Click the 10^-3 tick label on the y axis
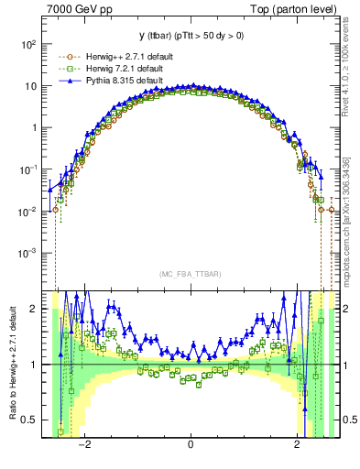[x=27, y=252]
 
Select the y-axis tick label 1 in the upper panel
[x=34, y=127]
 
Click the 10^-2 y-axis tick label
[x=27, y=211]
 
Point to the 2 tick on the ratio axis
[x=34, y=309]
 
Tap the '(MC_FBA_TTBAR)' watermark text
[x=190, y=274]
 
